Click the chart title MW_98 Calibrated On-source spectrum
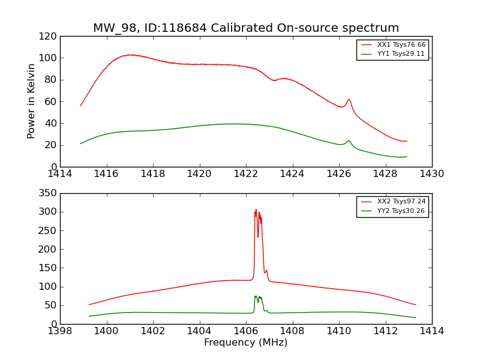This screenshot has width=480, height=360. coord(245,28)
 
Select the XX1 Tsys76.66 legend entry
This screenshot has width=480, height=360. coord(401,45)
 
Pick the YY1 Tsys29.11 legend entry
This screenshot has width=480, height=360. coord(401,53)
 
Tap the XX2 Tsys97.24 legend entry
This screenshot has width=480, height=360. coord(401,202)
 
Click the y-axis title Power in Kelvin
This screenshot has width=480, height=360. coord(31,101)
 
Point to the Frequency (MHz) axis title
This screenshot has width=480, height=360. coord(245,343)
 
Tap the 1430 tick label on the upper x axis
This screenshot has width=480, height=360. coord(431,174)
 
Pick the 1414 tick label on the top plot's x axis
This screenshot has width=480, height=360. coord(60,174)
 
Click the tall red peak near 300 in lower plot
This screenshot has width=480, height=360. coord(256,211)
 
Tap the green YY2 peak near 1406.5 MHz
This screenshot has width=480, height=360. coord(256,296)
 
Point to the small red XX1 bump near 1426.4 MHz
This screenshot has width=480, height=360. coord(349,100)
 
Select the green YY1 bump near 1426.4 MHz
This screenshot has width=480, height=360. coord(349,141)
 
